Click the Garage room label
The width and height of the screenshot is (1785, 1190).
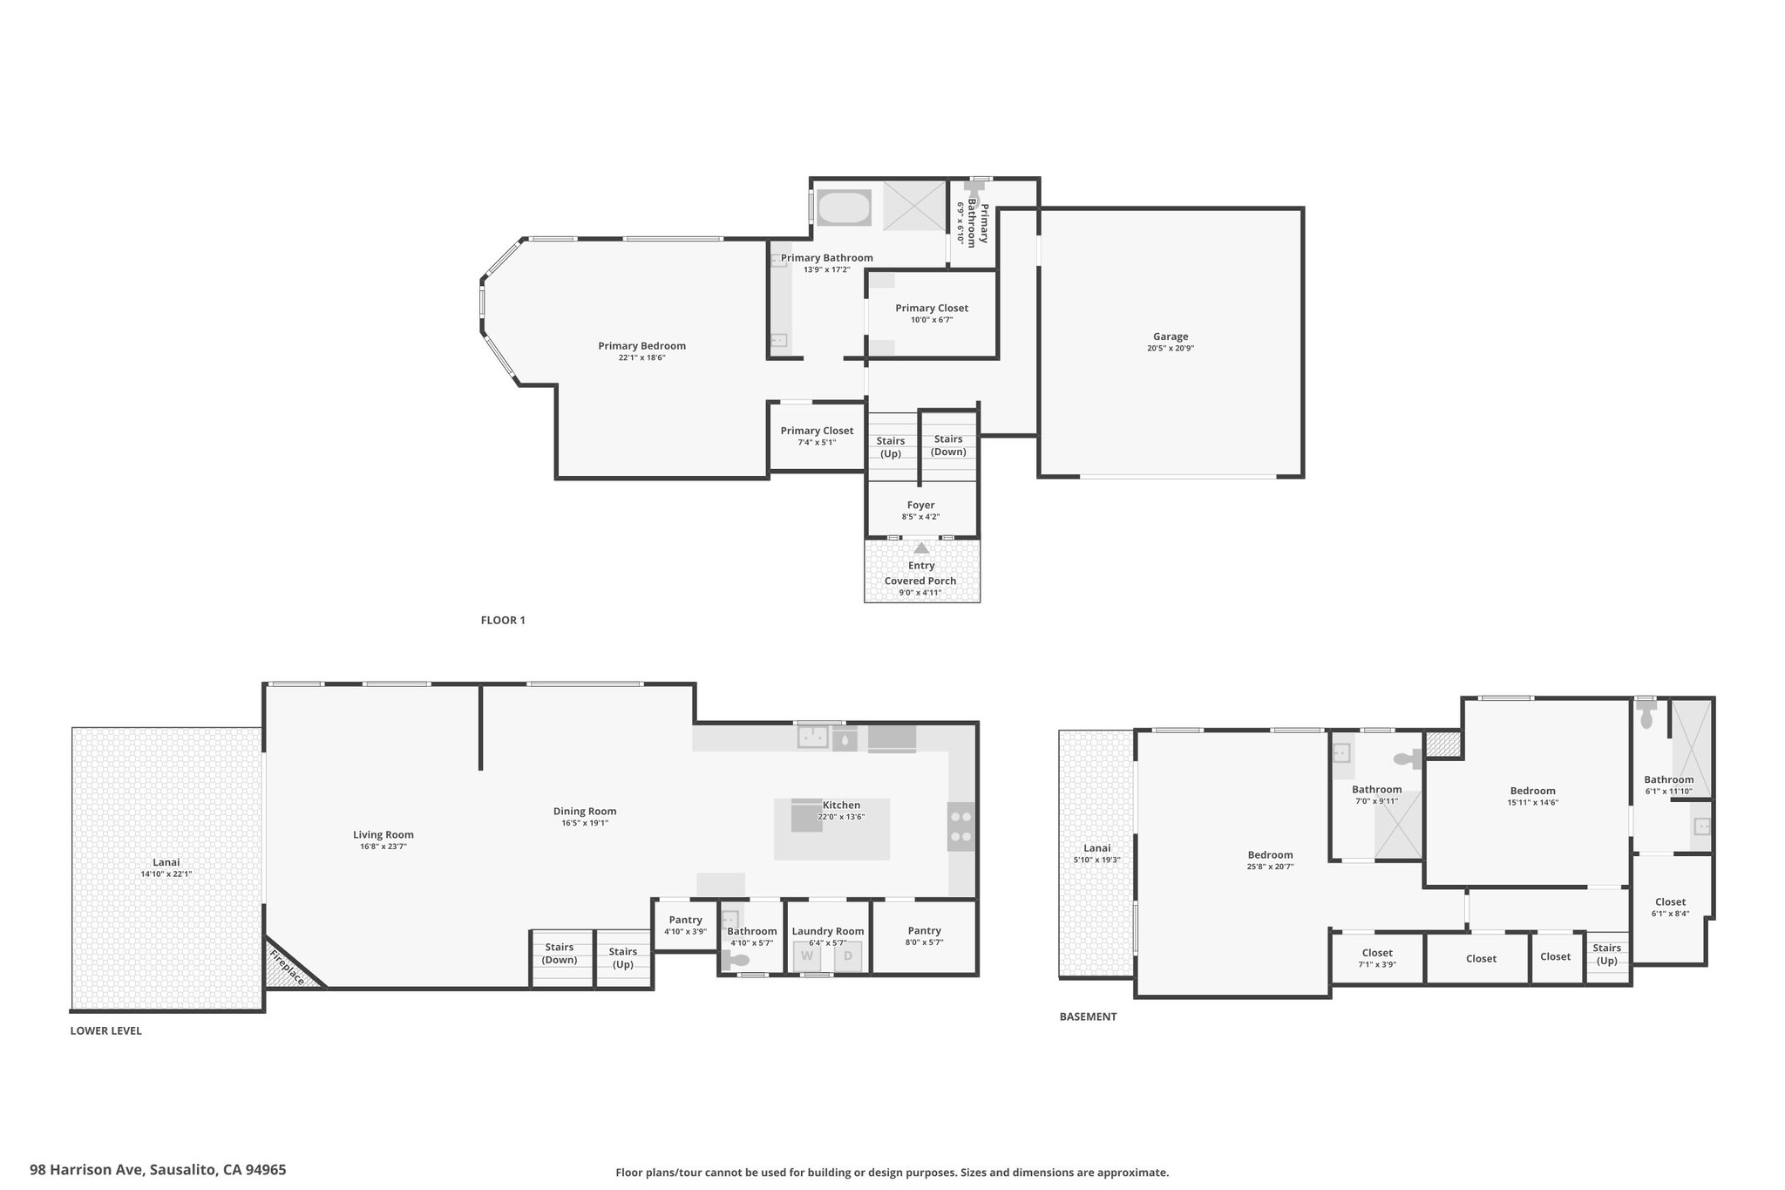1171,342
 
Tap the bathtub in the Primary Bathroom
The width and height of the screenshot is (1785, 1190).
844,208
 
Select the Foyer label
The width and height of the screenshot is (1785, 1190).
920,510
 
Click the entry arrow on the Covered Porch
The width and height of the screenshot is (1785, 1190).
921,547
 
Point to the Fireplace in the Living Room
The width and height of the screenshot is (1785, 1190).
288,966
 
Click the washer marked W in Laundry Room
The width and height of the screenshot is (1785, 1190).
807,956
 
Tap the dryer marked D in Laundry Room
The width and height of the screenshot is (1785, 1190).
848,956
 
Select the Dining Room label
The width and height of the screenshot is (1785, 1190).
585,816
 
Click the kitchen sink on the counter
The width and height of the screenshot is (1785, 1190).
813,738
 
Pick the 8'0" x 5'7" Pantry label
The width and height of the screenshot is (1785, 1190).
925,935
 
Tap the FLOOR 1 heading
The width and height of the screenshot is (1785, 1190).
503,621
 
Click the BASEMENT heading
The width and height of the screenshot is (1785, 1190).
1088,1017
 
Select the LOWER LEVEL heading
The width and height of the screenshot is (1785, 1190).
105,1030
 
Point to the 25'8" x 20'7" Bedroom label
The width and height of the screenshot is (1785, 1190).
1270,860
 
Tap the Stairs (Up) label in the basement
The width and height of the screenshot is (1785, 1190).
1607,954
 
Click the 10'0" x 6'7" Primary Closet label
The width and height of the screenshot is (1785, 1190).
932,313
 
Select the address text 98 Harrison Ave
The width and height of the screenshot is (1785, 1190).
87,1170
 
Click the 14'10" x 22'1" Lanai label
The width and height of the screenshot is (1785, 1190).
166,867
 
